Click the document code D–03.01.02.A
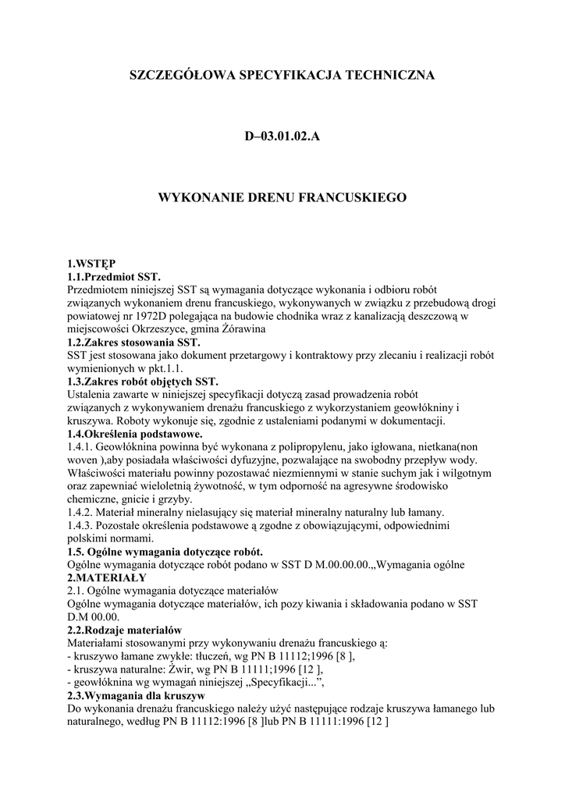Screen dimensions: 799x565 [x=282, y=137]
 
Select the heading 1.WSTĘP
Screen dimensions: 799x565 [x=91, y=263]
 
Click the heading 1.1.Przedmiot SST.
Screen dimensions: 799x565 [x=114, y=276]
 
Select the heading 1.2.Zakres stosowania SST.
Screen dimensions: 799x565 [x=134, y=343]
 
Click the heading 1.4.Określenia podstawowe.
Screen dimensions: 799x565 [x=135, y=434]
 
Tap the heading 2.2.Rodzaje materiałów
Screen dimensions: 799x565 [x=125, y=630]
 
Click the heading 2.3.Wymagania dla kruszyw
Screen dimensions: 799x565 [x=136, y=696]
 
